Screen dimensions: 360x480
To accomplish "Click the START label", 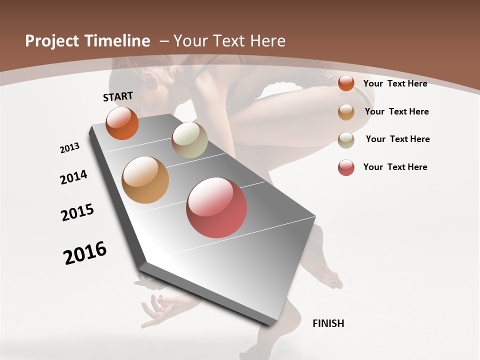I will tap(118, 96).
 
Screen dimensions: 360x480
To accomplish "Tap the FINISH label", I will tap(328, 323).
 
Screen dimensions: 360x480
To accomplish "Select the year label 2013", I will tap(70, 147).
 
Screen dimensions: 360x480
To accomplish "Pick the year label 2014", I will tap(74, 177).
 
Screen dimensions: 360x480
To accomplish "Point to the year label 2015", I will tap(77, 212).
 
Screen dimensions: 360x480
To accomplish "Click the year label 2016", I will tap(85, 252).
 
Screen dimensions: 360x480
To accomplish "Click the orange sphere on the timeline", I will tap(122, 123).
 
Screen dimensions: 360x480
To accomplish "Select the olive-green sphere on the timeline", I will tap(189, 140).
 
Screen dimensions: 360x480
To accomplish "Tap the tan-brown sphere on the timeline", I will tap(145, 180).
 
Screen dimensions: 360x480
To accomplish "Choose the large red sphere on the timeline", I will tap(216, 207).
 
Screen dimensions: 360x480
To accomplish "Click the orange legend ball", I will tap(346, 83).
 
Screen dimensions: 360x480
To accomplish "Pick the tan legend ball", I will tap(346, 111).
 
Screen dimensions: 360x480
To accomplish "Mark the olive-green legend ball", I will tap(346, 139).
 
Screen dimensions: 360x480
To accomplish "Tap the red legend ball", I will tap(346, 167).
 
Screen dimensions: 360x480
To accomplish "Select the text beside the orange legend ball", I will tap(395, 83).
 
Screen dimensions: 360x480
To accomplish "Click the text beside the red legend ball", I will tap(395, 167).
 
